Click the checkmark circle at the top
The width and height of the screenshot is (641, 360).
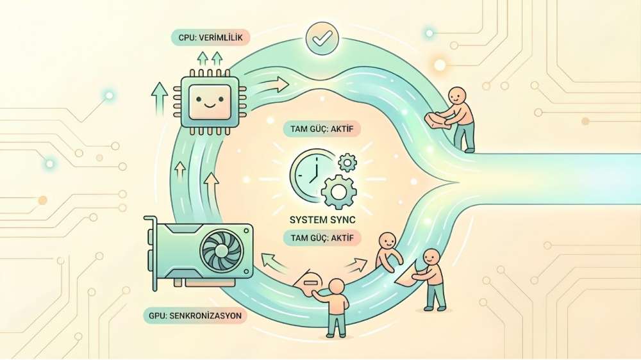click(x=322, y=38)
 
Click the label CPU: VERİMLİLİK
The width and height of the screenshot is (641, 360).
click(x=210, y=38)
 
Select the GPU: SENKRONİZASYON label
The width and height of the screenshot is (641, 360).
click(x=195, y=315)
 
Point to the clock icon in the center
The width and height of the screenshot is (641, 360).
click(x=310, y=173)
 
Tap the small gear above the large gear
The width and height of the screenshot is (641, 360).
click(x=347, y=163)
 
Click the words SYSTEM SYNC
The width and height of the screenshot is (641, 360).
click(x=322, y=220)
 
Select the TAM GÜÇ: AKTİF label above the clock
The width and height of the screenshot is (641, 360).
click(x=322, y=129)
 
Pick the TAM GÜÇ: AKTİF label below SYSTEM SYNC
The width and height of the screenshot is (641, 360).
click(x=322, y=238)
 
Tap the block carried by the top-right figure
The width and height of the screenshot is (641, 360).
click(x=437, y=121)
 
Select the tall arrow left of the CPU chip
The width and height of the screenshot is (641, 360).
click(x=159, y=100)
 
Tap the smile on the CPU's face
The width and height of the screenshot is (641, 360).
click(x=210, y=106)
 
